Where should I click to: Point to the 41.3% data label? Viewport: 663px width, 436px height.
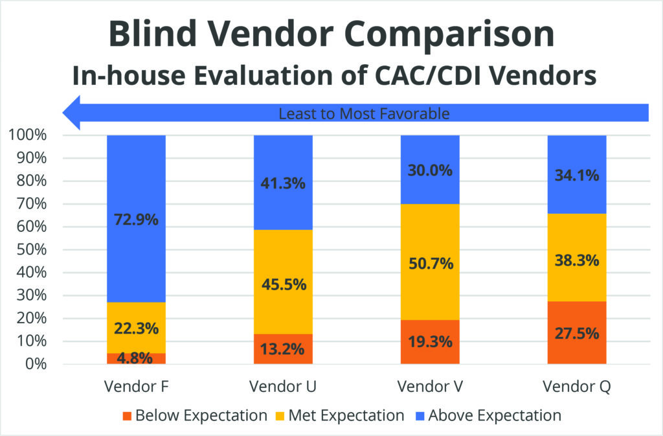point(283,183)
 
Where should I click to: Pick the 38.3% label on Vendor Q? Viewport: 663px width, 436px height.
point(577,260)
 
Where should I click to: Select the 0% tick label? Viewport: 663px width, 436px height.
point(36,364)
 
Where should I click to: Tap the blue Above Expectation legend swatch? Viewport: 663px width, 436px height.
point(418,415)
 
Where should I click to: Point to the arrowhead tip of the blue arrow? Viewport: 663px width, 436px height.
point(64,113)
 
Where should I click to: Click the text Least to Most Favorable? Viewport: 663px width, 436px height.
point(363,114)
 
